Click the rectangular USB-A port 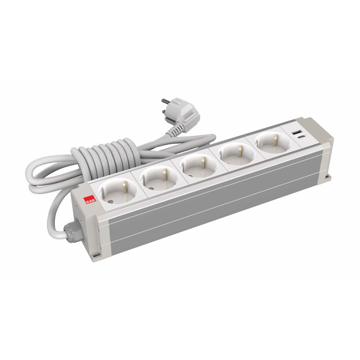pyautogui.click(x=298, y=133)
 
